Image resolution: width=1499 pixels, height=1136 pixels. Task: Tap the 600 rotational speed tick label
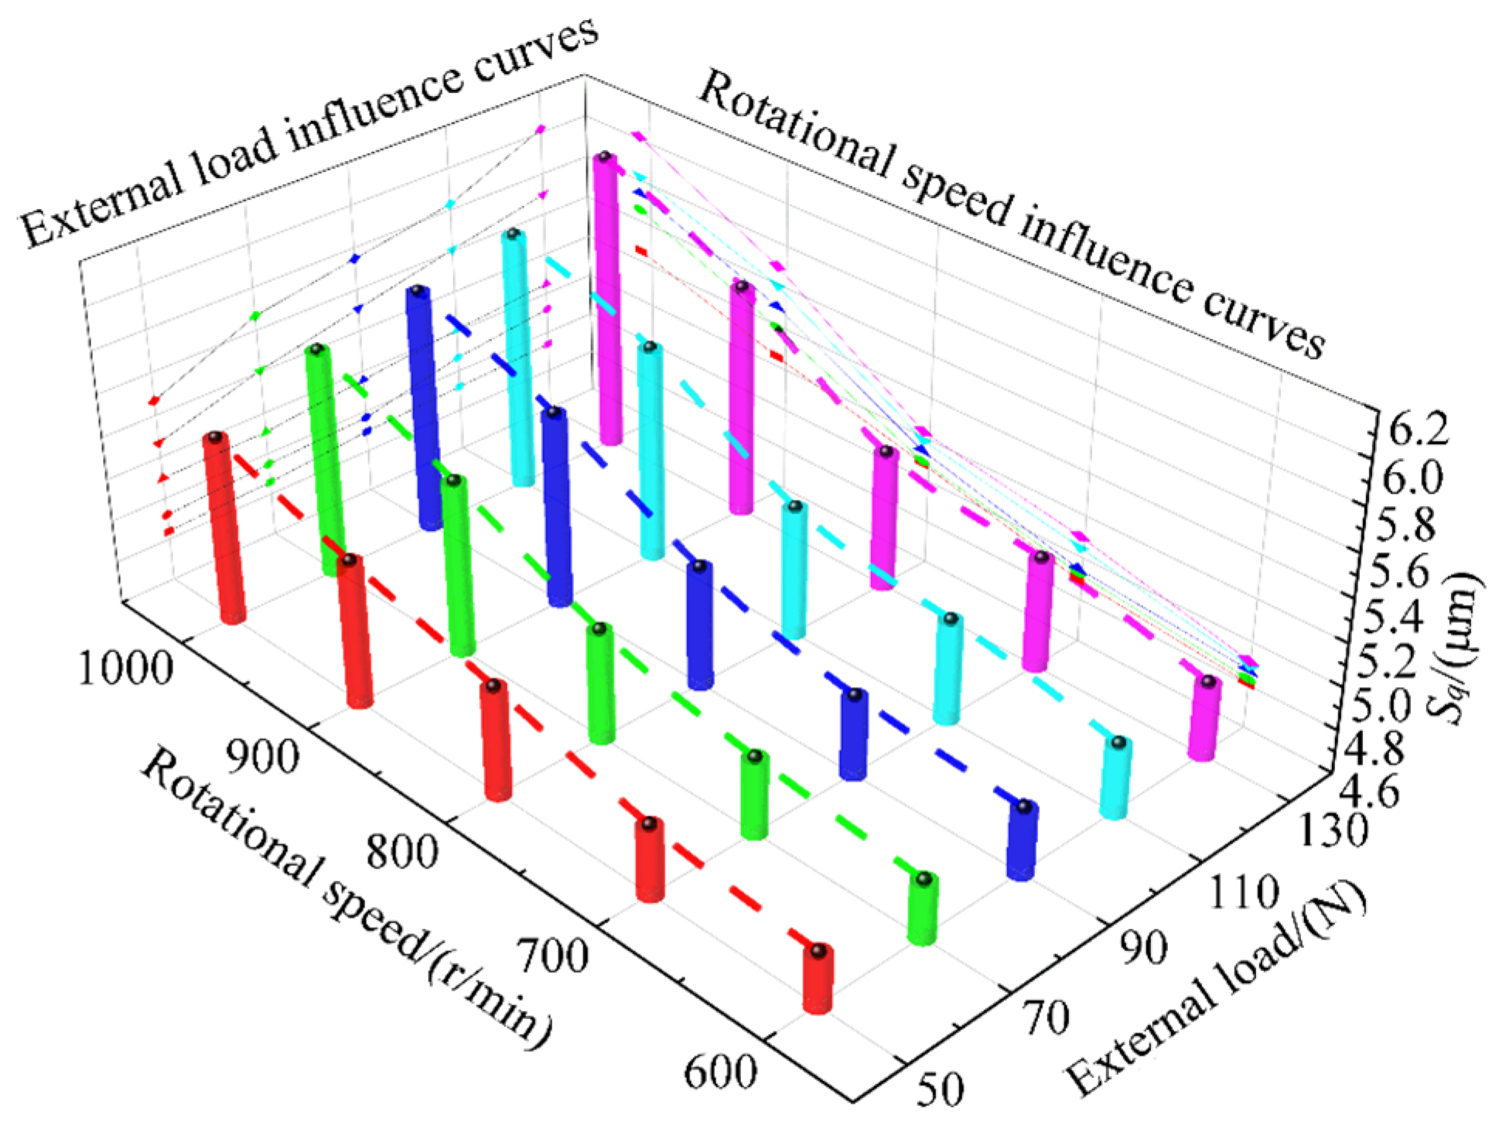click(x=719, y=1071)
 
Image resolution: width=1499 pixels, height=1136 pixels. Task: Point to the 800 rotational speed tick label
click(x=402, y=850)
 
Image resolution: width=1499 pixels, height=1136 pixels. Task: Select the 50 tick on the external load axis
click(x=941, y=1088)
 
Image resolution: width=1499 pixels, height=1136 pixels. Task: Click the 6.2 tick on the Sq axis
click(x=1418, y=430)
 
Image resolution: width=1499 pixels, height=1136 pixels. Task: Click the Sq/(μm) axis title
click(x=1454, y=646)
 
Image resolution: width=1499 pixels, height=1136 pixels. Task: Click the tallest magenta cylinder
click(x=607, y=298)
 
